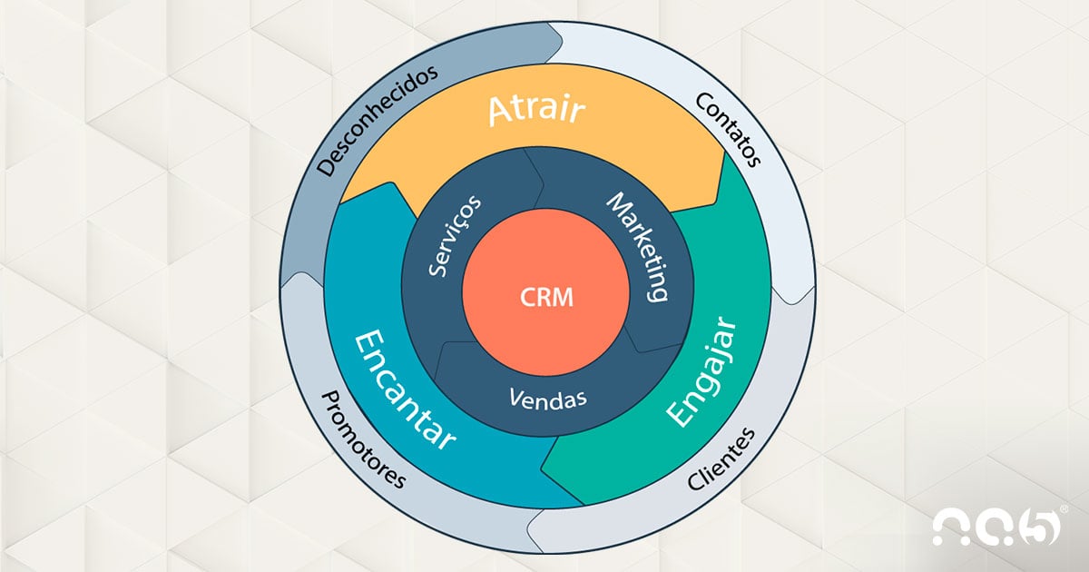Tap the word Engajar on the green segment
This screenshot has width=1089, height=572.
click(701, 372)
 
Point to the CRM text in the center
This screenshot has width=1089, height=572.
click(546, 298)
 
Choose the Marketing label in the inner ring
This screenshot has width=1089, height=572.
click(638, 246)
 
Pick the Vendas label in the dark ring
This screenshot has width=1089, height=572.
click(547, 398)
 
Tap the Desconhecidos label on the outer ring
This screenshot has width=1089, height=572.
click(378, 119)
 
